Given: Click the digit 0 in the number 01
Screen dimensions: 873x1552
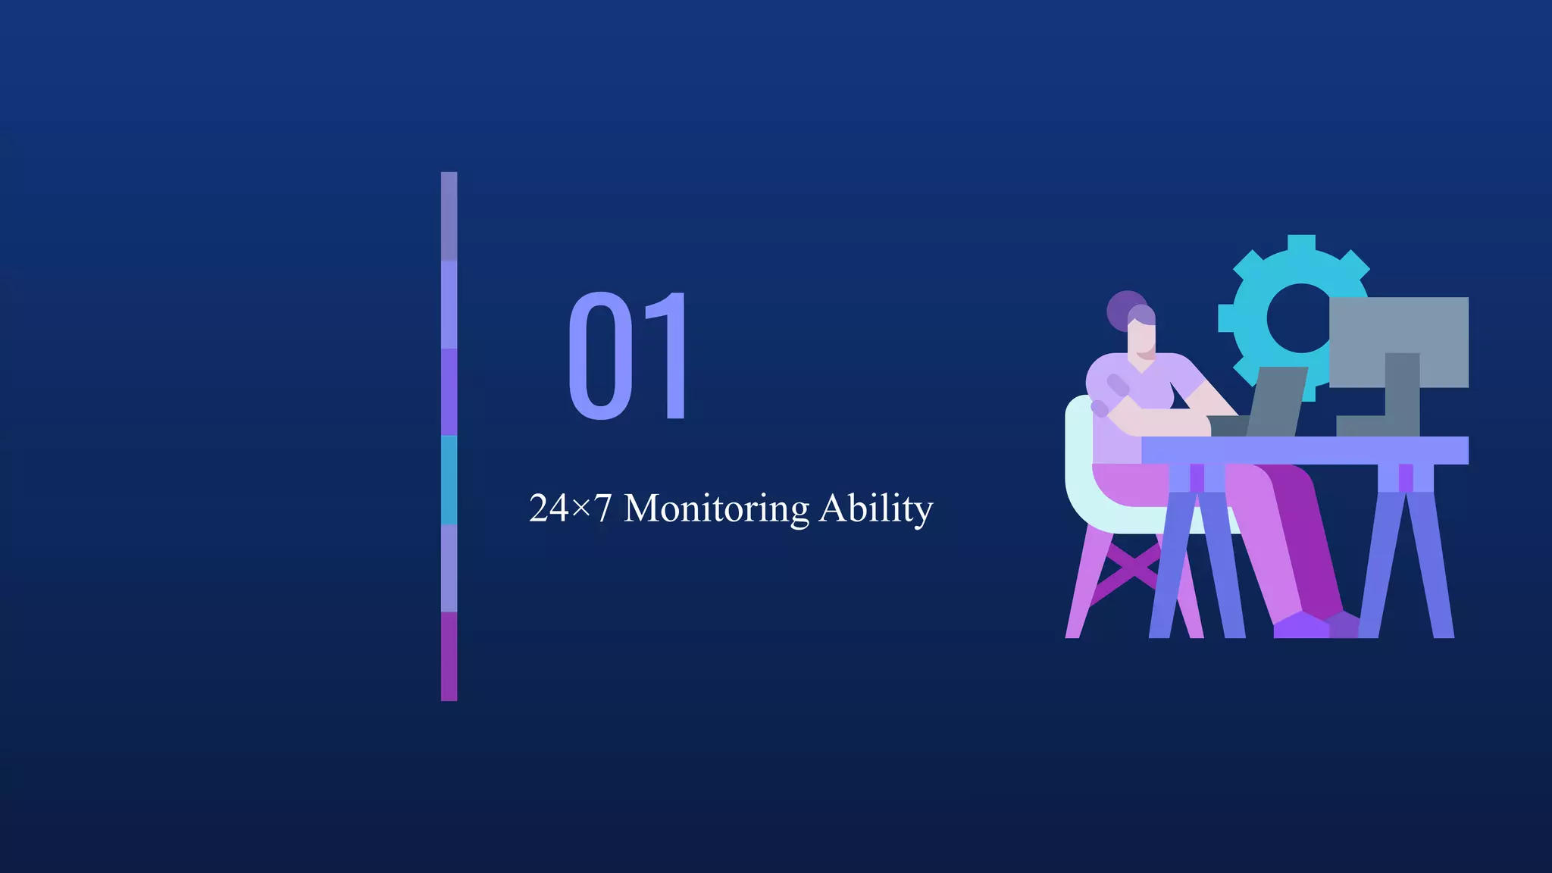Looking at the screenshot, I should [601, 355].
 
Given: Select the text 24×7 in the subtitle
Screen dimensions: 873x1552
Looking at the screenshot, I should [570, 508].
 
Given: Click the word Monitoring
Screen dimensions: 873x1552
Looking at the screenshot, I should [716, 509].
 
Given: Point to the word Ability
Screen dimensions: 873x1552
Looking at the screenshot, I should [876, 509].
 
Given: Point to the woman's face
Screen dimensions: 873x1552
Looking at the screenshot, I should [1143, 338].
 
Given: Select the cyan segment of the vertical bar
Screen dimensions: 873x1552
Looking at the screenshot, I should [449, 480].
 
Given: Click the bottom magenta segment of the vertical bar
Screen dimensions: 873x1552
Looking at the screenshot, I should [449, 656].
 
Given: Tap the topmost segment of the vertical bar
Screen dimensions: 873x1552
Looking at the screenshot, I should [449, 216].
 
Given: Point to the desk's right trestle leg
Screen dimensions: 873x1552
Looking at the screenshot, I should [1406, 561].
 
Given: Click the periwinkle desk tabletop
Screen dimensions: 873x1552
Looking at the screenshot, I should [1303, 450].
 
